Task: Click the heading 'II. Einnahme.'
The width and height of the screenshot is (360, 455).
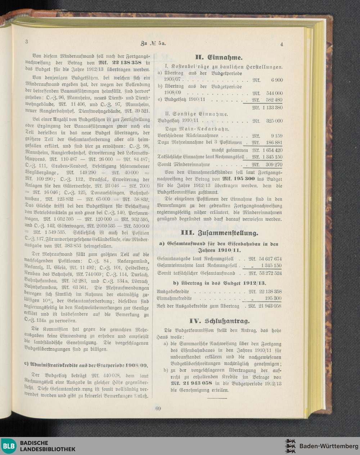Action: click(x=219, y=57)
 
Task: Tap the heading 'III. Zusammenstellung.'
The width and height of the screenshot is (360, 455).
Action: click(x=219, y=232)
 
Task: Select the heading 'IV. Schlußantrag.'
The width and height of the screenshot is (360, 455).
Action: click(x=219, y=321)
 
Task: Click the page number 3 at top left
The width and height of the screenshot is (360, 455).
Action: click(x=27, y=41)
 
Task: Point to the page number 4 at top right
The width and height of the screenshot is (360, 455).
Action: click(x=282, y=44)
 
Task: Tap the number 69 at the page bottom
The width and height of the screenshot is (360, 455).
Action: click(x=158, y=409)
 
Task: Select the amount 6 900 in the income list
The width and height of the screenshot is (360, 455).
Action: click(x=276, y=80)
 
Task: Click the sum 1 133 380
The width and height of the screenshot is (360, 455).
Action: click(x=271, y=107)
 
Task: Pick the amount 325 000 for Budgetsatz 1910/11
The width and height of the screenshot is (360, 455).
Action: click(x=274, y=121)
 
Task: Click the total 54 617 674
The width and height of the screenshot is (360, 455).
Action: click(x=269, y=259)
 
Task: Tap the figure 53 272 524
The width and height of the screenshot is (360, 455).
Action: click(x=269, y=273)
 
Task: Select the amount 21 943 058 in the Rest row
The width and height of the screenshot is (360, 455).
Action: click(x=269, y=306)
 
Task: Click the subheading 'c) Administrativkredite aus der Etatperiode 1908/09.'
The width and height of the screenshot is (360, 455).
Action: click(x=86, y=364)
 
